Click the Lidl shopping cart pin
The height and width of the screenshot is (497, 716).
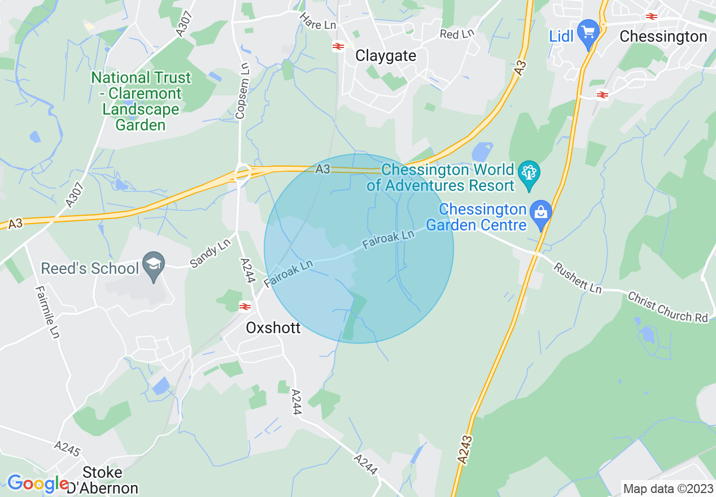tap(589, 32)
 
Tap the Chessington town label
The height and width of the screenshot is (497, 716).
tap(663, 37)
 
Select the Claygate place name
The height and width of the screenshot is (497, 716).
tap(386, 55)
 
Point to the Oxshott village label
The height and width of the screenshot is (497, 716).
tap(273, 328)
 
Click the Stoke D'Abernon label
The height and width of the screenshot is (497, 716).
tap(102, 479)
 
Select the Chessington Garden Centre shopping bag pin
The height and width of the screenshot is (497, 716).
tap(541, 213)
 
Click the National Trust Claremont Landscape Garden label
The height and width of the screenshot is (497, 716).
tap(141, 101)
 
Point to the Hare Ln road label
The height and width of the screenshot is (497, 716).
tap(317, 24)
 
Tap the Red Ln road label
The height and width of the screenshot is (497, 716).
tap(457, 34)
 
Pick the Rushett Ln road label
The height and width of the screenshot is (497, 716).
tap(577, 278)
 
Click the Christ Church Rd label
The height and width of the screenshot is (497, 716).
tap(667, 307)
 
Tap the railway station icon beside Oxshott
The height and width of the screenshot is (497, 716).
tap(245, 307)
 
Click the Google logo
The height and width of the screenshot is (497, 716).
tap(38, 483)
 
